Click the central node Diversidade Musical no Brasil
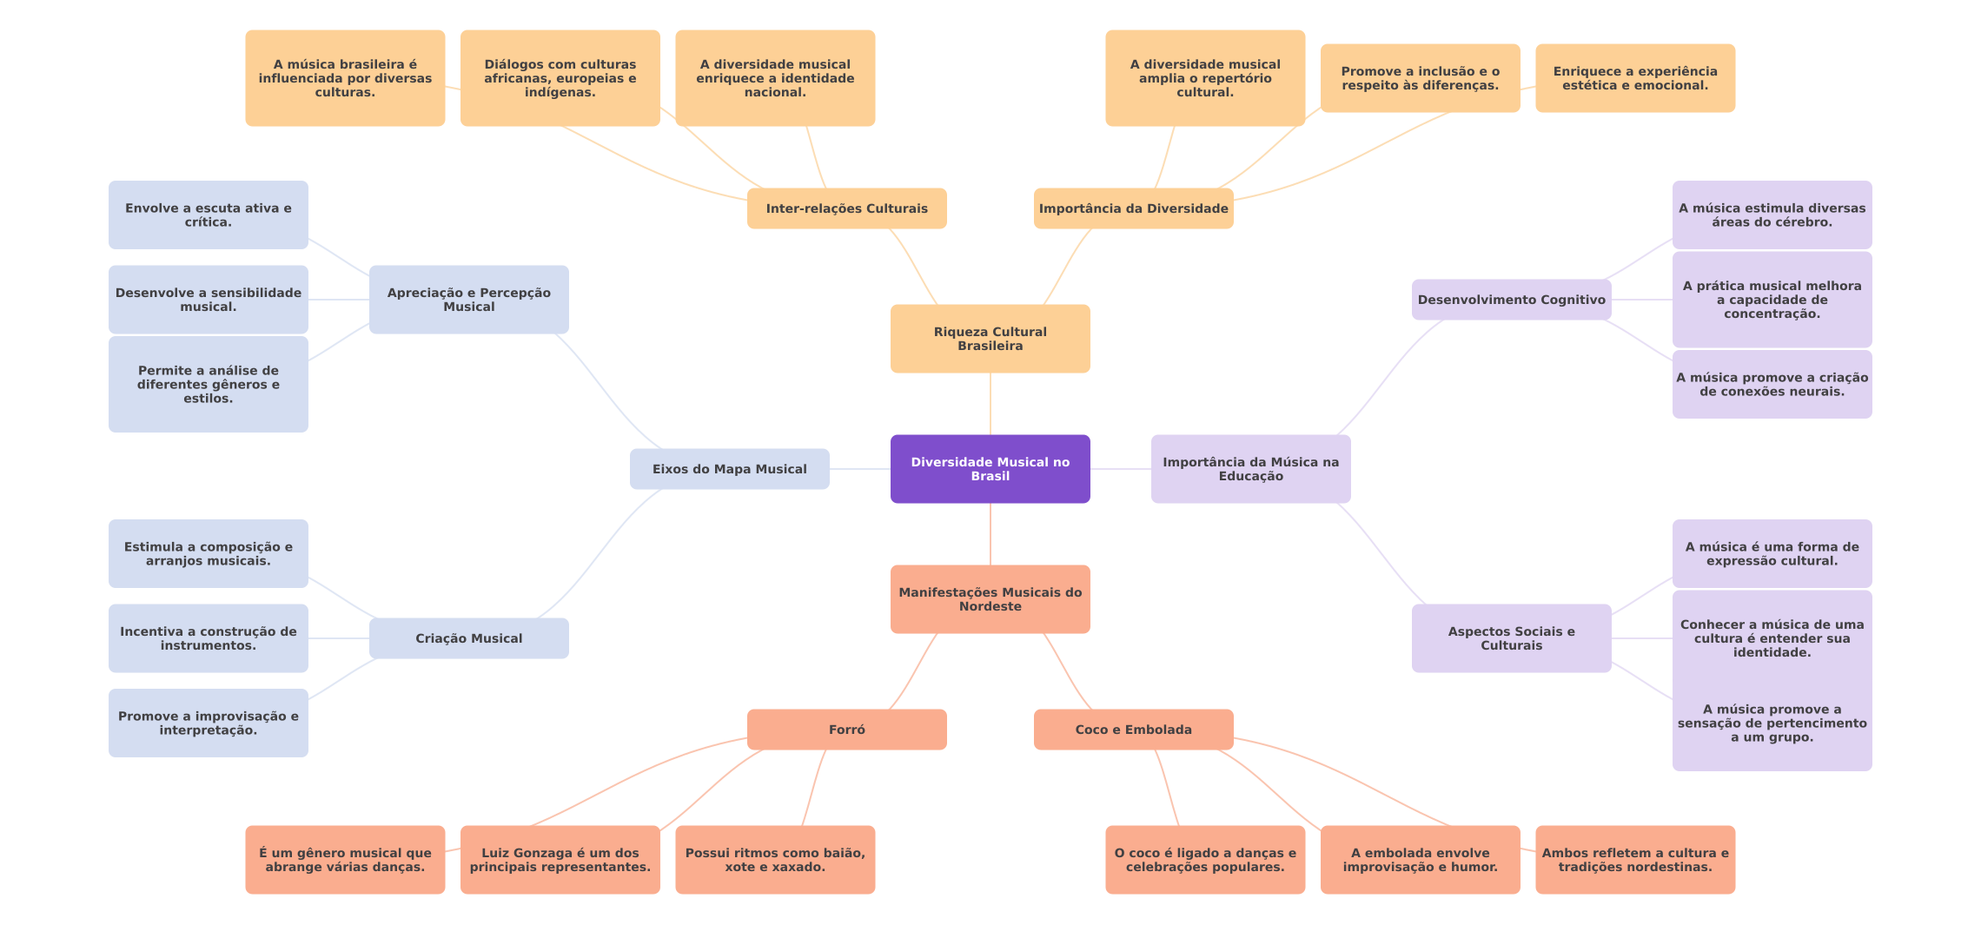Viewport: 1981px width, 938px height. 990,469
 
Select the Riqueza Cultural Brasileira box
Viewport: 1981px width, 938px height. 990,339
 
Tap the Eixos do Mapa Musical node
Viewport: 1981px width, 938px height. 729,469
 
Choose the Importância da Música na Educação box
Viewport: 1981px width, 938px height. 1250,469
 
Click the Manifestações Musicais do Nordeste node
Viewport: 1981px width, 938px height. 990,599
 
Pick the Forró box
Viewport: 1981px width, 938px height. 846,730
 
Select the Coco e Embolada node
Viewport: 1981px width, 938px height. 1133,730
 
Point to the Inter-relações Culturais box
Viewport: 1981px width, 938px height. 846,208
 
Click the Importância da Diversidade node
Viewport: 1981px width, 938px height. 1133,208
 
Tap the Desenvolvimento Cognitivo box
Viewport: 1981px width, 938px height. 1511,300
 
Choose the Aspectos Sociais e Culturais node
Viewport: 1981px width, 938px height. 1511,638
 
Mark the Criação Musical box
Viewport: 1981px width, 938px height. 468,638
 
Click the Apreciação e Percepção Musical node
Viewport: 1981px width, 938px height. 468,300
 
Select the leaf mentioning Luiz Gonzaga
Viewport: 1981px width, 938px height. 560,860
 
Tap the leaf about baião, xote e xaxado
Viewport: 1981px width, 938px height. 775,860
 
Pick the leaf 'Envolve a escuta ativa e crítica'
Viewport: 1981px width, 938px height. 208,215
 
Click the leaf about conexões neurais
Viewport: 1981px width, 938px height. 1772,385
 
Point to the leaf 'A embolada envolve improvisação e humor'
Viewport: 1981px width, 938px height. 1420,860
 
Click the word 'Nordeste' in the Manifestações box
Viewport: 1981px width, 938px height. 990,607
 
